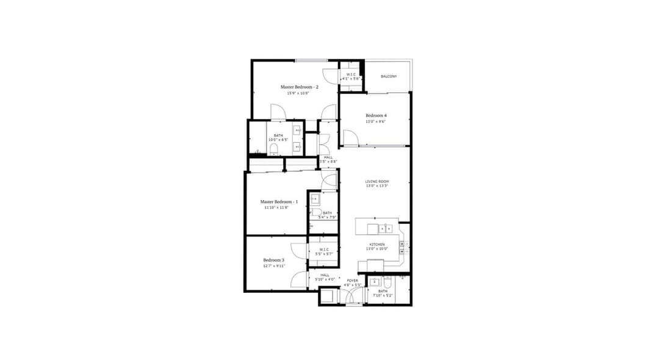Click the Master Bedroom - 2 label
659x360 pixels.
click(300, 87)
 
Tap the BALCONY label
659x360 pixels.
click(389, 76)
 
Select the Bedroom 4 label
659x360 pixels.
click(376, 115)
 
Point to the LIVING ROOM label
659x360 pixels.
click(377, 181)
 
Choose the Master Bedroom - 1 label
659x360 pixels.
click(278, 201)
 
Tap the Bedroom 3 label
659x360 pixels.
click(274, 260)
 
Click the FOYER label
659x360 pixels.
click(353, 281)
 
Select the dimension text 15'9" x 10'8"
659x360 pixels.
click(299, 93)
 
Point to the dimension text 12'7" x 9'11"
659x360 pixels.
click(274, 266)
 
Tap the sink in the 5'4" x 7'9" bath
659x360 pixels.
click(315, 199)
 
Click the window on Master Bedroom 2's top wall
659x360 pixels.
click(311, 60)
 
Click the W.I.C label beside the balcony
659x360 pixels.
click(351, 74)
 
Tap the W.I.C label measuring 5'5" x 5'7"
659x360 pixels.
click(323, 249)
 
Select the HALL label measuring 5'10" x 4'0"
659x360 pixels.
click(325, 275)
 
